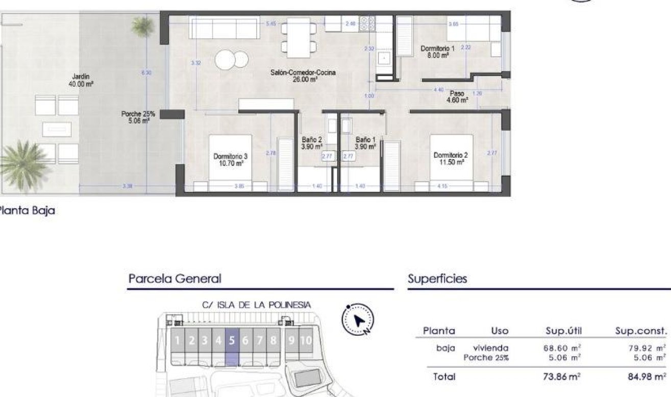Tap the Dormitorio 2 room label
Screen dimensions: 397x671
point(449,159)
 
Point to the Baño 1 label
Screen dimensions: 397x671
point(366,143)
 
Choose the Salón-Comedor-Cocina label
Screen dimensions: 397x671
point(303,76)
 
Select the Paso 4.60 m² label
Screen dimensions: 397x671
point(457,97)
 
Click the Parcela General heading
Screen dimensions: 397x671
point(175,279)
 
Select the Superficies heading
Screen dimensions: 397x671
point(437,279)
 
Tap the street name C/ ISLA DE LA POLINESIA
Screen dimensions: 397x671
point(256,305)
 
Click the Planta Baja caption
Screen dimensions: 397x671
point(27,210)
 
